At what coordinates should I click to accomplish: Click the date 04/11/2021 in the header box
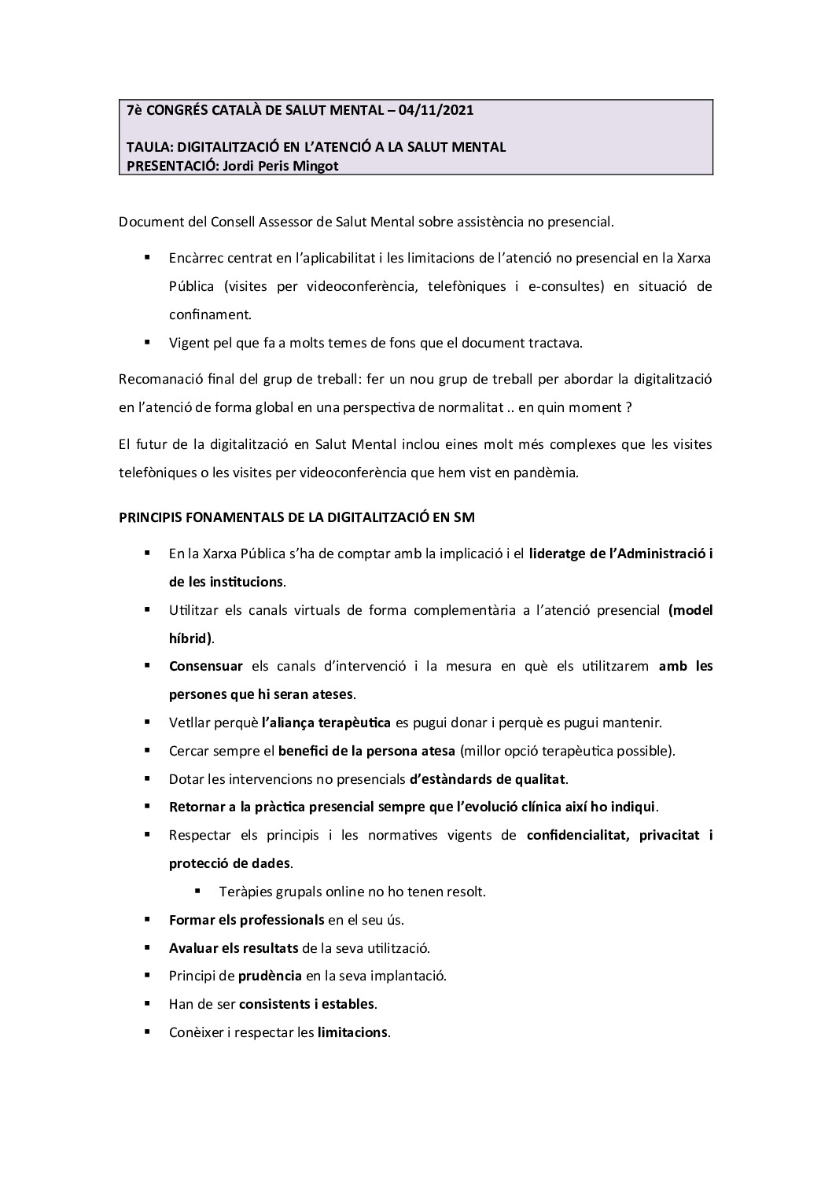coord(436,110)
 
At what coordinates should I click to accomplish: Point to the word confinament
coord(210,314)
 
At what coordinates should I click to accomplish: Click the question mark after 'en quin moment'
coord(628,407)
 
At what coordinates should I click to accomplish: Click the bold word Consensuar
coord(206,667)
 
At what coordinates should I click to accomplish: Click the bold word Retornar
coord(197,807)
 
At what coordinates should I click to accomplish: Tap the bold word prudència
coord(270,976)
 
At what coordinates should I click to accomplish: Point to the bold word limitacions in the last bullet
coord(352,1032)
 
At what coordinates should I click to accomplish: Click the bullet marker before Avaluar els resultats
coord(147,947)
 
